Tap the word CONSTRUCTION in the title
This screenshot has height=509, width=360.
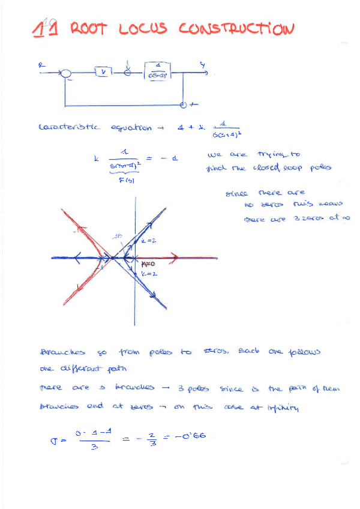pos(236,29)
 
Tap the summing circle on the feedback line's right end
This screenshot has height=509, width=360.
pos(184,106)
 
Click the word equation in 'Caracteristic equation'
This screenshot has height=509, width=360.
pos(133,128)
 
